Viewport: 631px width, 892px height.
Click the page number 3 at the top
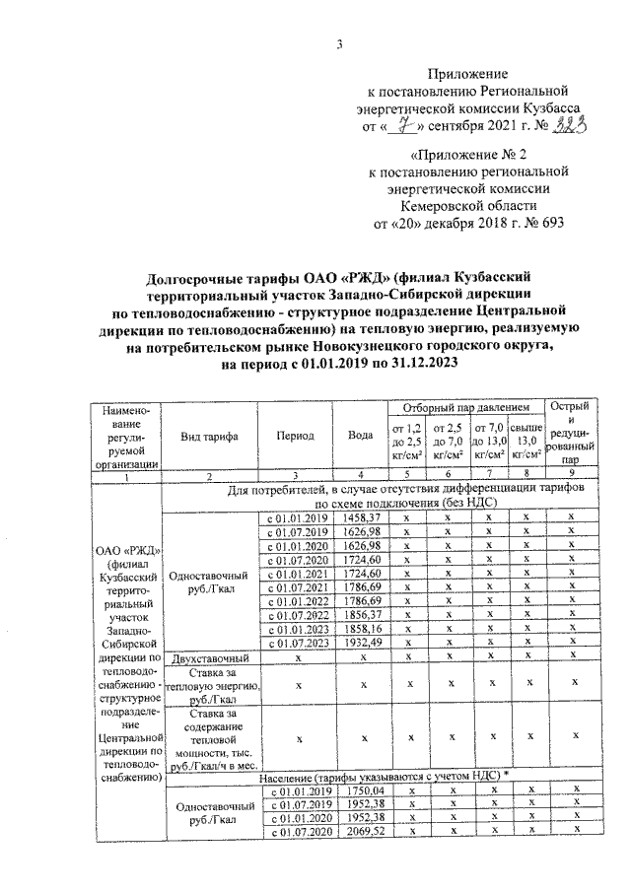(x=338, y=43)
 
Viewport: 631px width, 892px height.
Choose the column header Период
(x=296, y=437)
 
